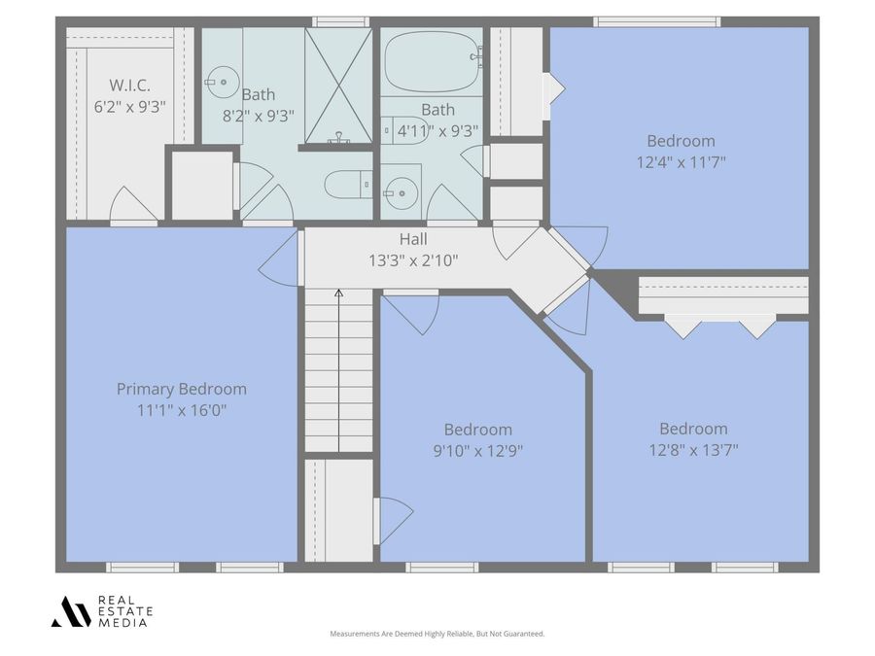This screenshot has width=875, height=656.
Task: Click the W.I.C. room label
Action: click(x=129, y=86)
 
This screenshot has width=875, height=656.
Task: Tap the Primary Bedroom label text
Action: click(x=182, y=389)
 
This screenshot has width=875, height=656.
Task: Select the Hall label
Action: click(x=413, y=239)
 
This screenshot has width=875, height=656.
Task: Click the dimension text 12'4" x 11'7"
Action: click(x=681, y=162)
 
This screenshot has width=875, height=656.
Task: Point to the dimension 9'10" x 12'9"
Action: click(x=478, y=451)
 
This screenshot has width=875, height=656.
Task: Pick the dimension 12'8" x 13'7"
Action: click(x=693, y=450)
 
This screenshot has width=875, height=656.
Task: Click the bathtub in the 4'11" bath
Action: click(x=433, y=61)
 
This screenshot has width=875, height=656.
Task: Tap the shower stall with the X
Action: click(x=338, y=85)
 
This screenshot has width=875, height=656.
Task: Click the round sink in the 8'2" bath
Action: click(x=223, y=82)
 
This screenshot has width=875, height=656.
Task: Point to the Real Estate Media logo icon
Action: click(x=71, y=611)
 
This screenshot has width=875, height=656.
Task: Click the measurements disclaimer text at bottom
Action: click(x=437, y=634)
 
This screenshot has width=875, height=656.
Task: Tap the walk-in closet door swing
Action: click(x=133, y=204)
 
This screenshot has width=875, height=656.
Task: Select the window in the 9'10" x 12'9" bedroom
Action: click(x=442, y=568)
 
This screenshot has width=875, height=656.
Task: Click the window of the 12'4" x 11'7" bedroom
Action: click(x=656, y=21)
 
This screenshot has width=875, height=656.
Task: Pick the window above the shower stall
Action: click(x=340, y=21)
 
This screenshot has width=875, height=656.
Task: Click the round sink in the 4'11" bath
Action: click(x=402, y=193)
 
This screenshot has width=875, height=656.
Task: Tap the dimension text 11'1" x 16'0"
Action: click(x=182, y=410)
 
